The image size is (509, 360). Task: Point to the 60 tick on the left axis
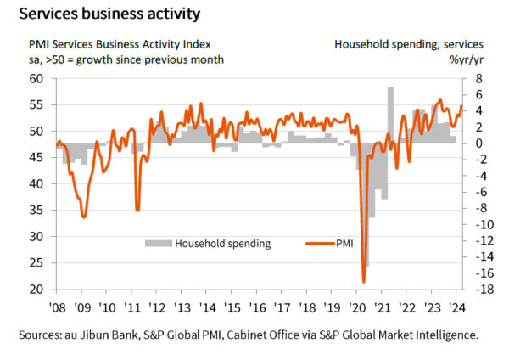(36, 78)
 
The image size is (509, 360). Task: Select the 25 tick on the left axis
(36, 263)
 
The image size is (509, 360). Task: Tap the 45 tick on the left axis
(36, 157)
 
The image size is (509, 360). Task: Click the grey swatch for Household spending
(158, 244)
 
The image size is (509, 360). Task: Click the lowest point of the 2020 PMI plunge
(364, 281)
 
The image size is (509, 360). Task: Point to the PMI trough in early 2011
(137, 209)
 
